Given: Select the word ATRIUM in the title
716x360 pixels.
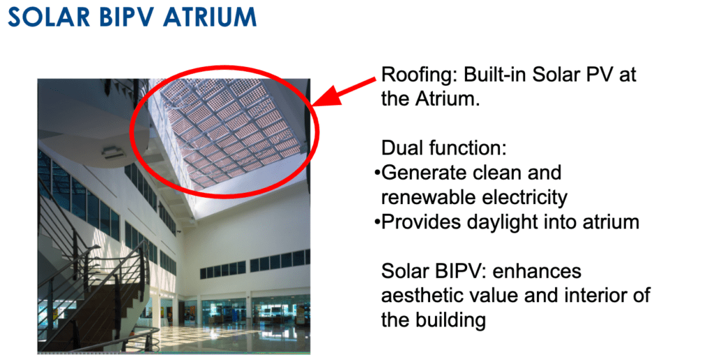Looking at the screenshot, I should coord(210,17).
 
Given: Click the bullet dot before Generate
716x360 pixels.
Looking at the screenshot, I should coord(377,173).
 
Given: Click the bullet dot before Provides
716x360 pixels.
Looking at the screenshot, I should coord(377,222).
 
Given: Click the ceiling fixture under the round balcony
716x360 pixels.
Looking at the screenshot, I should coord(110,152).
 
